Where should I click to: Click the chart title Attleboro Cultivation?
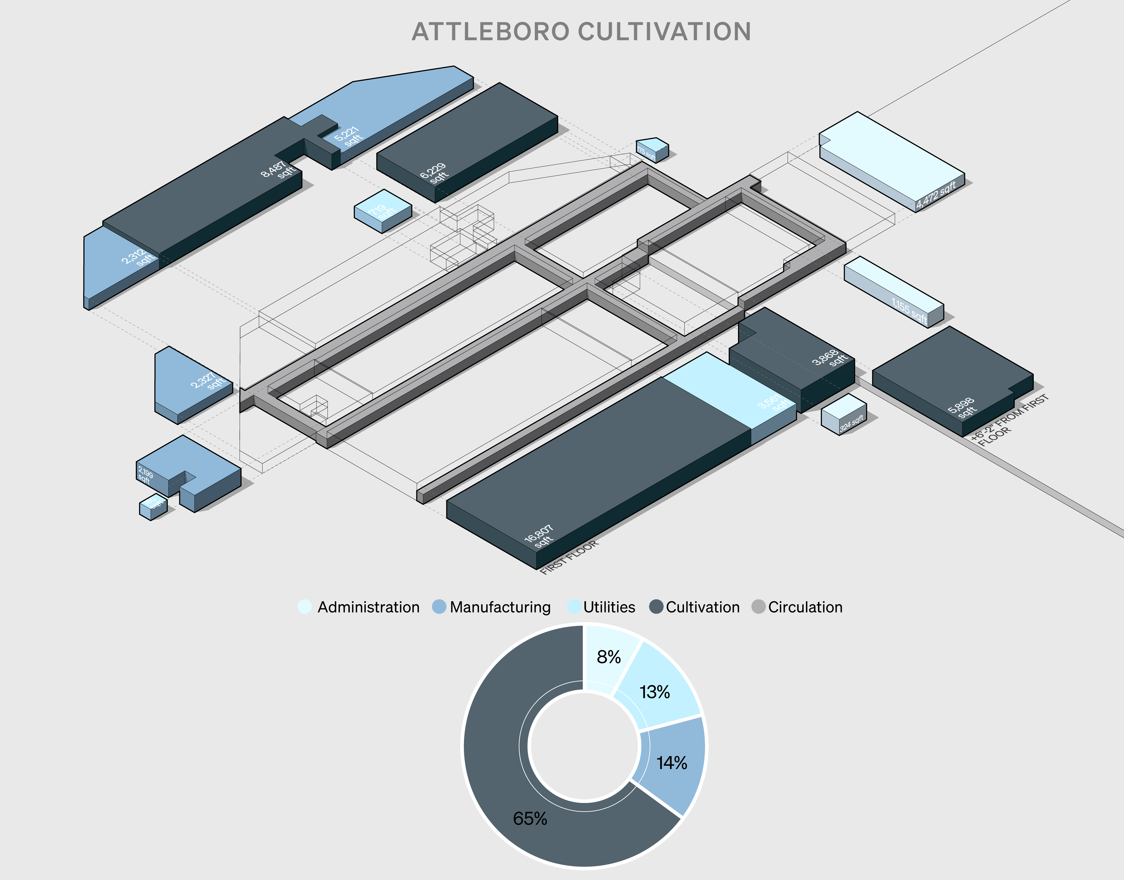[581, 32]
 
